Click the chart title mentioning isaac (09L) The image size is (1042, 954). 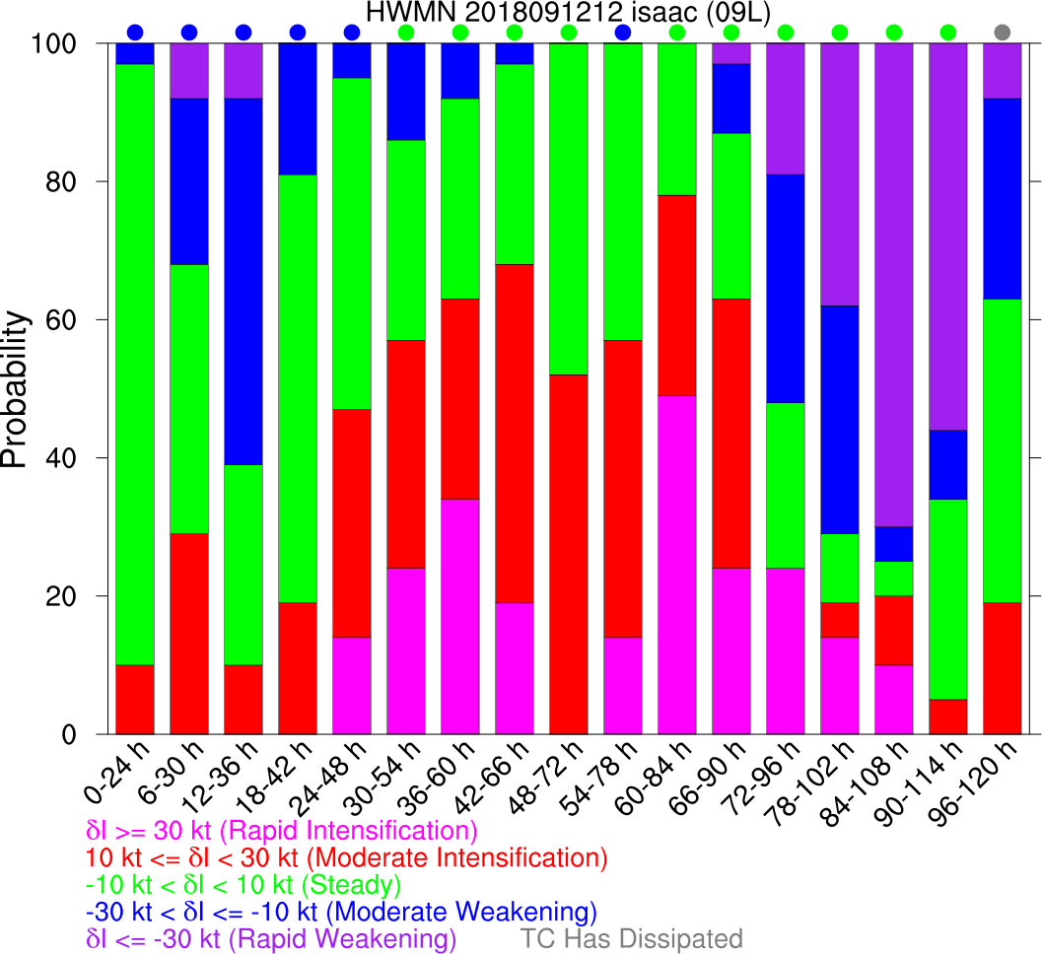(x=567, y=13)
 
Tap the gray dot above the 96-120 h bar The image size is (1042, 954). (x=1003, y=32)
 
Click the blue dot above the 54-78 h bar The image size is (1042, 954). (x=623, y=32)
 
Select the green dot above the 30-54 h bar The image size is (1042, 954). (x=406, y=32)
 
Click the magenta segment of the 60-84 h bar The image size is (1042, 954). (x=677, y=565)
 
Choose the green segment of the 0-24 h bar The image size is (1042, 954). (x=135, y=365)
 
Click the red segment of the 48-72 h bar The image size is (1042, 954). (x=569, y=554)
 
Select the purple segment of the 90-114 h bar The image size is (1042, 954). (x=948, y=237)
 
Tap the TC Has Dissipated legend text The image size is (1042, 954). (x=632, y=937)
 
